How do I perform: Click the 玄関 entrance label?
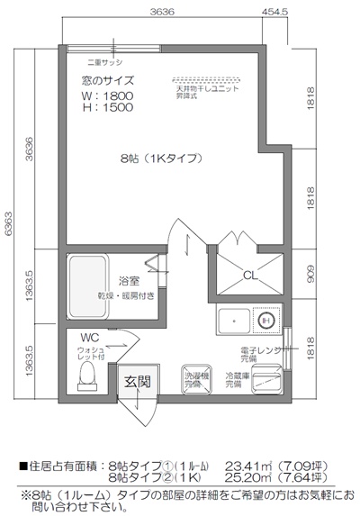[x=138, y=381]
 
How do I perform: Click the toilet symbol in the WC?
[x=86, y=385]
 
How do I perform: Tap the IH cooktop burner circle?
[x=265, y=320]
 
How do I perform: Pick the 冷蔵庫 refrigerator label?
[x=233, y=379]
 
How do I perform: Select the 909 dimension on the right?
[x=310, y=272]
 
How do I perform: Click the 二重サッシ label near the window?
[x=94, y=64]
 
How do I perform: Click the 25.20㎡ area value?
[x=247, y=477]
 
